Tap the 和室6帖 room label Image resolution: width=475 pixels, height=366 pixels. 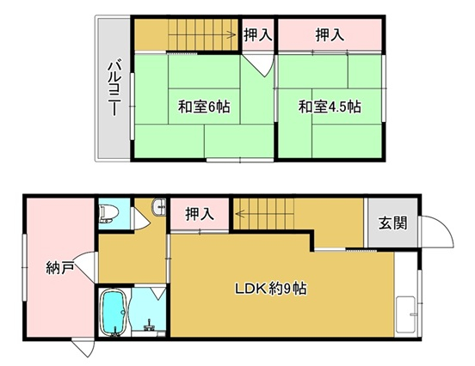pyautogui.click(x=204, y=107)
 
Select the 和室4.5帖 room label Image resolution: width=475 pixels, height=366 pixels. pyautogui.click(x=330, y=107)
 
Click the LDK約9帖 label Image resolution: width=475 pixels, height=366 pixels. pyautogui.click(x=271, y=289)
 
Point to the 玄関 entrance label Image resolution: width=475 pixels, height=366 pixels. pyautogui.click(x=393, y=223)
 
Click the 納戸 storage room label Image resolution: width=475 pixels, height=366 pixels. pyautogui.click(x=60, y=268)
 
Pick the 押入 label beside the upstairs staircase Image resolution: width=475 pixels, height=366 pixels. pyautogui.click(x=258, y=34)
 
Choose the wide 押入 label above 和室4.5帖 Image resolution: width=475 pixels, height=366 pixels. pyautogui.click(x=330, y=34)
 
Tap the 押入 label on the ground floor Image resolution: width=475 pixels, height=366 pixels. pyautogui.click(x=200, y=214)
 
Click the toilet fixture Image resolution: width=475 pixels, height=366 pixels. pyautogui.click(x=106, y=214)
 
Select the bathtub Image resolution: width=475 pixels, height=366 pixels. pyautogui.click(x=114, y=313)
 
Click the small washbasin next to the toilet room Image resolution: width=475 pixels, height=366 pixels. pyautogui.click(x=159, y=207)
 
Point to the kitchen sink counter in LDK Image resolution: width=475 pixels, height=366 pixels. pyautogui.click(x=406, y=314)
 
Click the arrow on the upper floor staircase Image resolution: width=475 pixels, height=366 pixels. pyautogui.click(x=201, y=34)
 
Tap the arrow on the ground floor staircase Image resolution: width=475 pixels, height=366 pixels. pyautogui.click(x=264, y=214)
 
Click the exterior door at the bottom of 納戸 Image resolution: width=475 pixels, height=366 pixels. pyautogui.click(x=83, y=348)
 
